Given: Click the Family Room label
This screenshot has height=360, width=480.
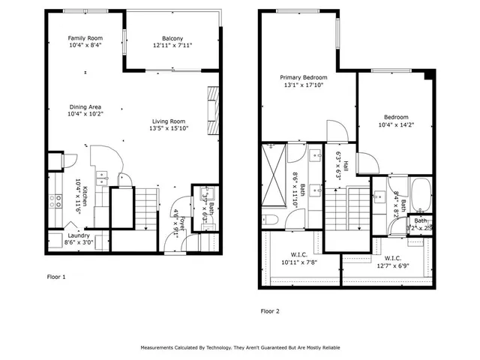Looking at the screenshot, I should (x=85, y=38).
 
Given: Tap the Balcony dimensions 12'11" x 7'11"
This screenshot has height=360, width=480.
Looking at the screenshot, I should (x=172, y=46).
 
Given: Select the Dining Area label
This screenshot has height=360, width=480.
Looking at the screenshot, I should (x=85, y=107).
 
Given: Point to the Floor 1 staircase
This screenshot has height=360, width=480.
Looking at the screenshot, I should (x=147, y=208).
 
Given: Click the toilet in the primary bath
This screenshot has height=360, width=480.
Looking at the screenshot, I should (x=271, y=219).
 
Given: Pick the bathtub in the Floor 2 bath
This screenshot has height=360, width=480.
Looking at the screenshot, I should (x=420, y=195).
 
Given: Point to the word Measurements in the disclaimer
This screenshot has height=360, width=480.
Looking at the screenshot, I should (x=160, y=348).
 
